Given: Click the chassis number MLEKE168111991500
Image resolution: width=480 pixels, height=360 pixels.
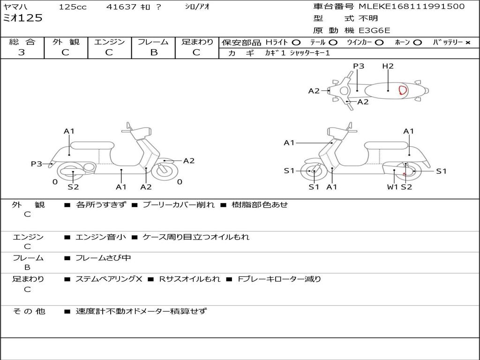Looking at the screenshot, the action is tap(412, 7).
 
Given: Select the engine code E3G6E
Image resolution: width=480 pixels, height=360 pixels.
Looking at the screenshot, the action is tap(374, 30).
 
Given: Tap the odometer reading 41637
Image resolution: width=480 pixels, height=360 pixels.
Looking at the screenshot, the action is tap(121, 7).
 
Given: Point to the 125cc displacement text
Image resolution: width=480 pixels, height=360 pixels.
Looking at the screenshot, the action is tap(73, 7).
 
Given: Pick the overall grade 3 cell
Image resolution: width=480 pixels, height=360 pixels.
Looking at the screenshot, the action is tap(22, 52).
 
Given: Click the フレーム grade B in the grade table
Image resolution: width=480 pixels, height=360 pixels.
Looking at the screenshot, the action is tap(154, 52).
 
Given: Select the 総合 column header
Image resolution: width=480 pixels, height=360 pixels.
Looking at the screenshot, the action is tap(22, 42).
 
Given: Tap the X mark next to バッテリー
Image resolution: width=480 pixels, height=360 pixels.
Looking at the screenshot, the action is tap(468, 42).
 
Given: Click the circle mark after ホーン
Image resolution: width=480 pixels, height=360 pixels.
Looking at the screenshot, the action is tap(417, 42).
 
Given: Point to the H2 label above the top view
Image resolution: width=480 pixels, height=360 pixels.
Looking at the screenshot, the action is tap(388, 66).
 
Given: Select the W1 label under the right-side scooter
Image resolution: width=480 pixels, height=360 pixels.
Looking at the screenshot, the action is tap(392, 187).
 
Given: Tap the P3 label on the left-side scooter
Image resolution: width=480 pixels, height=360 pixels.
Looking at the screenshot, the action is tap(37, 164).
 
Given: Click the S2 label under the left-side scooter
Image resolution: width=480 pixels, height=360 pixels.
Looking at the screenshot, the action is tap(73, 187).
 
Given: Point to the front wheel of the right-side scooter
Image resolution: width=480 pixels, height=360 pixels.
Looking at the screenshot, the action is tap(313, 172).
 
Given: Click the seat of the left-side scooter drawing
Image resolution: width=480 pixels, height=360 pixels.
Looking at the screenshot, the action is tap(92, 145).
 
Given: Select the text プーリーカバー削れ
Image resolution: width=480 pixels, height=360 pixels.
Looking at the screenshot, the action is tap(178, 205).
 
